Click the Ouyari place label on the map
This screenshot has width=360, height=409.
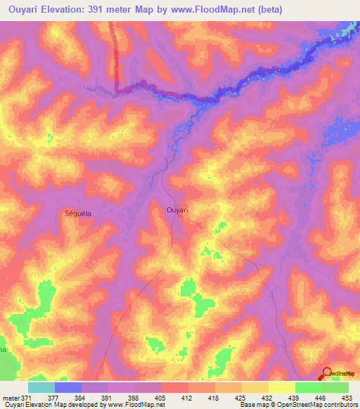(x=178, y=209)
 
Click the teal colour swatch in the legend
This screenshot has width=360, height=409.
(x=41, y=388)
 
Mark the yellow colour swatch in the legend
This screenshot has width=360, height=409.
(x=281, y=388)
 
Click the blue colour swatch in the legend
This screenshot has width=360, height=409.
(x=67, y=388)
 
